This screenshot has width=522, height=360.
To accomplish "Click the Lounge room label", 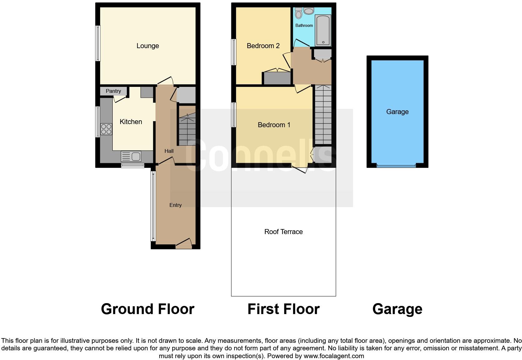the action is tap(148, 46).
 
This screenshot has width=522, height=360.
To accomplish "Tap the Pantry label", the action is tap(113, 91).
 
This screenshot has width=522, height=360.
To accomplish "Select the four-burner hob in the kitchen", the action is tap(106, 129).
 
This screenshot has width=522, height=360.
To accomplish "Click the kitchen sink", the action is tap(131, 156).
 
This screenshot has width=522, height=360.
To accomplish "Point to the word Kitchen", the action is tap(131, 122).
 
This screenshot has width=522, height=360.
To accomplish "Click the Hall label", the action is tap(169, 151).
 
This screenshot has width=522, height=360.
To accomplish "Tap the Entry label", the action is tap(175, 205).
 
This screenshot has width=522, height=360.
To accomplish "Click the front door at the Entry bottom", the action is tap(184, 244).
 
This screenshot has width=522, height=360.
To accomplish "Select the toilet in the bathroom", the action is tap(298, 13).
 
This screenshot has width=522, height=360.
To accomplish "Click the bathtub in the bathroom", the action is tap(323, 30).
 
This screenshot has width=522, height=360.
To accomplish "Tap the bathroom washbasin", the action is tap(309, 11).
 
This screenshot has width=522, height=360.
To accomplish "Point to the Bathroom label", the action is tap(304, 25).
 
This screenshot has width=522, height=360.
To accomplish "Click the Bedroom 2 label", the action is tap(263, 46).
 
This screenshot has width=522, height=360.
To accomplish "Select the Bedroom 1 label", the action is tap(274, 125).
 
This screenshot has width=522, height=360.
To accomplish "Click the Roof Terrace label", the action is tap(283, 232).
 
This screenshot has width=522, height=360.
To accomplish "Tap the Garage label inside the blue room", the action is tap(397, 112).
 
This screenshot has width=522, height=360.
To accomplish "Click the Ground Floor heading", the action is tap(147, 309).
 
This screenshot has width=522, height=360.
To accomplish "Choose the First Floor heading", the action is tap(283, 309).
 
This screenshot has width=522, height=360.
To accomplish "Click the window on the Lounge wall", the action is tap(98, 43).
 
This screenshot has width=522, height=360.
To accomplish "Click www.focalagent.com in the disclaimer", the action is tap(334, 356).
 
